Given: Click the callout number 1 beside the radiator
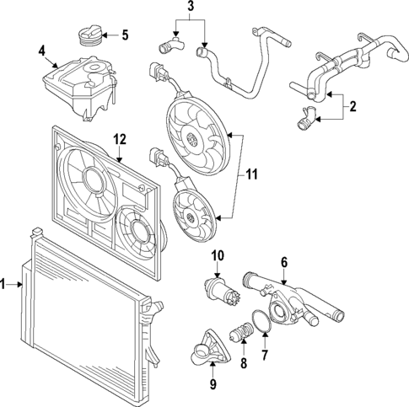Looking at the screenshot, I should (6, 286).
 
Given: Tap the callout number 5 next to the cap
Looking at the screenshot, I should (125, 35).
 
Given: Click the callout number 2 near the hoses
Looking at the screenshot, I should (352, 107).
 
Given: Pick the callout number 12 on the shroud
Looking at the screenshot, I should (120, 137).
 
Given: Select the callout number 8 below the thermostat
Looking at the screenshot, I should (245, 366).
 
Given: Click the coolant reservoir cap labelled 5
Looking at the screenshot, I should (89, 38).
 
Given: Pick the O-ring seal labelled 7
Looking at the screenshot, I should (264, 322).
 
